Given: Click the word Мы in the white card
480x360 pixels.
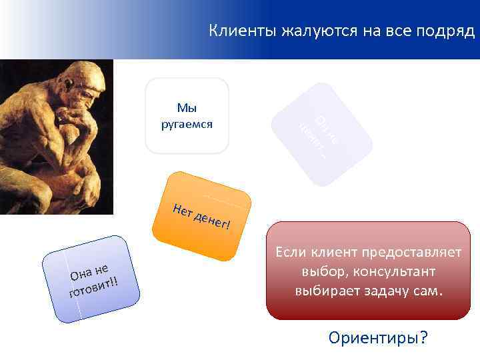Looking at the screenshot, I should [x=187, y=107].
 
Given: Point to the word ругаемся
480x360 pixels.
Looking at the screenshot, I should [x=187, y=123].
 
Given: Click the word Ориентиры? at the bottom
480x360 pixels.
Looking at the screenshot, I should [x=377, y=338].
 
